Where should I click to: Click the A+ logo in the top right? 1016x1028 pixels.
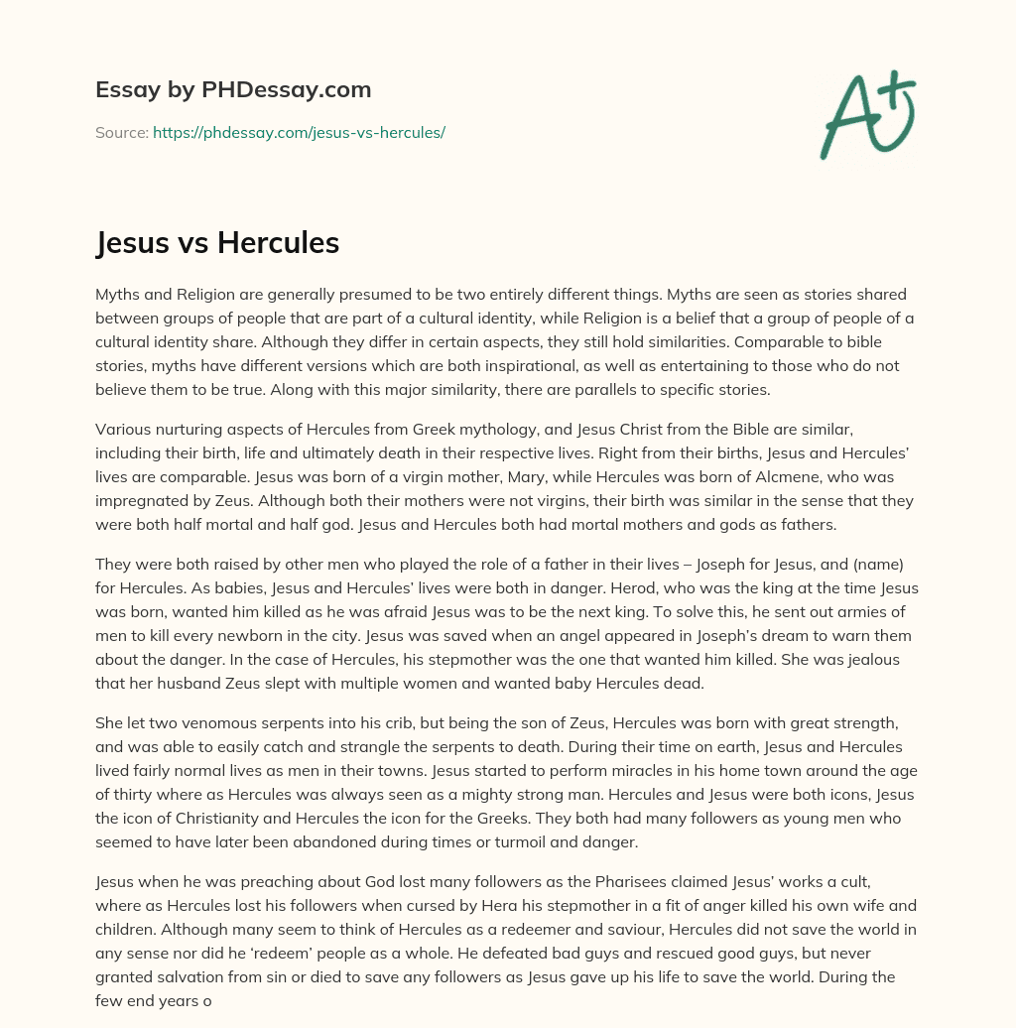coord(867,114)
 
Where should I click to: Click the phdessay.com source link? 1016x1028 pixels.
coord(299,132)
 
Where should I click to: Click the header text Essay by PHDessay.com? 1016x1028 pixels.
coord(233,90)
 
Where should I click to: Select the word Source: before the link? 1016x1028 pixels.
coord(121,132)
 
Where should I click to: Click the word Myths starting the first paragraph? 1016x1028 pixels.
coord(117,295)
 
